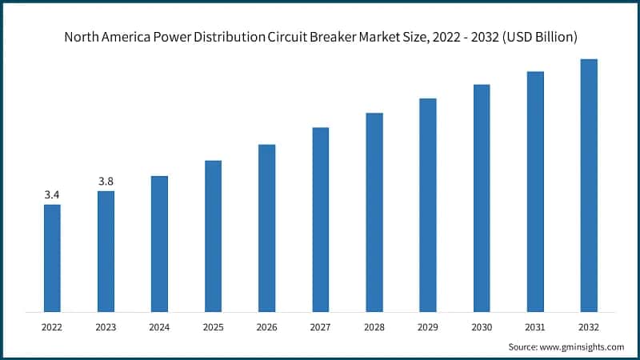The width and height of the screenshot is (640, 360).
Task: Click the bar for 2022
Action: (x=52, y=258)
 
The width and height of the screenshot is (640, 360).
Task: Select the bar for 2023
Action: (x=106, y=250)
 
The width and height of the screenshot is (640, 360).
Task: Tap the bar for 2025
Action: (x=213, y=235)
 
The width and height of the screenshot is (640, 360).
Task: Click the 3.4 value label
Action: (x=52, y=194)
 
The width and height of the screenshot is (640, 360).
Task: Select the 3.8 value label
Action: (x=106, y=181)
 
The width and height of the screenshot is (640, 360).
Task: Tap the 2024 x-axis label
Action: (x=159, y=326)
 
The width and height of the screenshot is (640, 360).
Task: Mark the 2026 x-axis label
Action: (x=266, y=326)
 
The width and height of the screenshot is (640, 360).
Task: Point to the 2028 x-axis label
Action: (x=374, y=326)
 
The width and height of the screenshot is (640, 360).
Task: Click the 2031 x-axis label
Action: (x=535, y=326)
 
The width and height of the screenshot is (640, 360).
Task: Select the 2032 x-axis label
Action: (x=589, y=326)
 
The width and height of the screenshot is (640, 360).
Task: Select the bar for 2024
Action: (x=159, y=243)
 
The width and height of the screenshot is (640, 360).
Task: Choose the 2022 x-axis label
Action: (x=52, y=326)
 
